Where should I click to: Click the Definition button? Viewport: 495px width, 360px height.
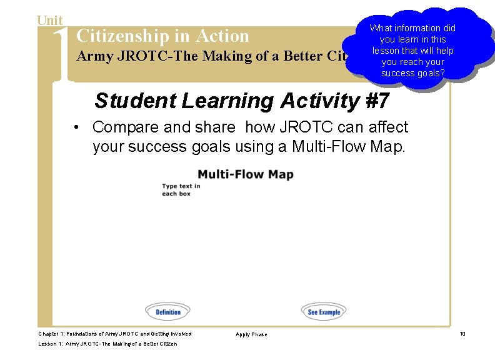[167, 312]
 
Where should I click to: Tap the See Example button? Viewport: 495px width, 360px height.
[324, 312]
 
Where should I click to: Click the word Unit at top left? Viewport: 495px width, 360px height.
[49, 21]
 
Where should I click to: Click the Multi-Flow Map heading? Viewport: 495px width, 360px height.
[246, 174]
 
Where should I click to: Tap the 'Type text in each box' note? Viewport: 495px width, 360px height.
[181, 189]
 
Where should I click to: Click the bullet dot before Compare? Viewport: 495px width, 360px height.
[74, 127]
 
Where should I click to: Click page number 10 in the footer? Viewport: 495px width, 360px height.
[462, 334]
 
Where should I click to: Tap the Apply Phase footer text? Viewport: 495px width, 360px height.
[251, 334]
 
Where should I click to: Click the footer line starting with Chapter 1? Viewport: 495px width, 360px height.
[115, 334]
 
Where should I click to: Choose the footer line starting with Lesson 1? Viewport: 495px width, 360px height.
[107, 344]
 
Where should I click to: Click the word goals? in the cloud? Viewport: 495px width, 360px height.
[430, 73]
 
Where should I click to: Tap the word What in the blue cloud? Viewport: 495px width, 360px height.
[381, 28]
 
